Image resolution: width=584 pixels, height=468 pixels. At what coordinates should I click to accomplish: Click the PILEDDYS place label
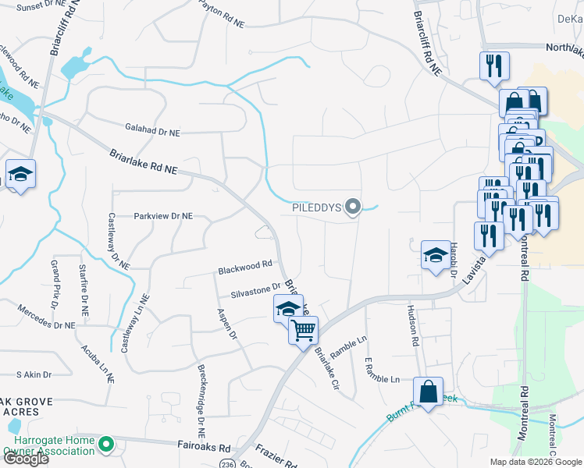(318, 207)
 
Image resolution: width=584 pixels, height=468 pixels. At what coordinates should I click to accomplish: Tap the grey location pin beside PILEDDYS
(354, 207)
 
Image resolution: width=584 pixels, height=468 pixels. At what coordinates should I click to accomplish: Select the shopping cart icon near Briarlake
(303, 330)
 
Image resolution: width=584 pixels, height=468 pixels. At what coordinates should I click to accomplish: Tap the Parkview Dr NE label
(163, 215)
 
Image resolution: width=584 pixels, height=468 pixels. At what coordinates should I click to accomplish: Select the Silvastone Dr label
(255, 291)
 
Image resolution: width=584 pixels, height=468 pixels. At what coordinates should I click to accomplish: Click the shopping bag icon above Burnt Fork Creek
(428, 392)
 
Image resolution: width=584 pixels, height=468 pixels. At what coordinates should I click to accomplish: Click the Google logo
(26, 459)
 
